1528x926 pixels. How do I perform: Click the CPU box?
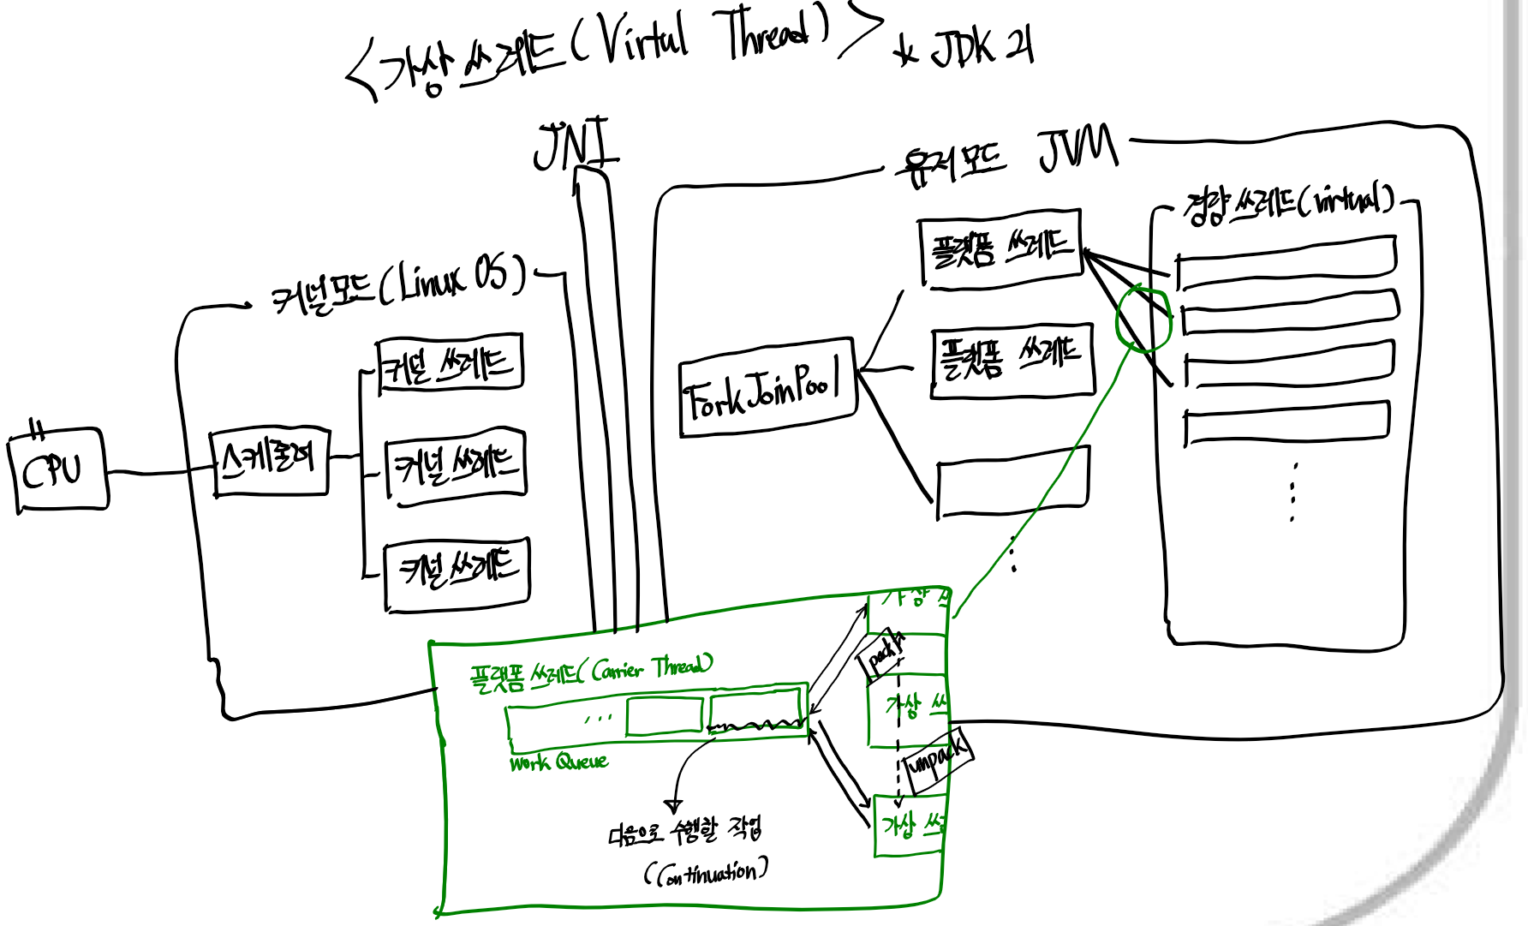tap(58, 470)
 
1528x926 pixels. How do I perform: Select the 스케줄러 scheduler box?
tap(270, 461)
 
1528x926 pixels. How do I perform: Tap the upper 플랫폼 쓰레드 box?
tap(1000, 248)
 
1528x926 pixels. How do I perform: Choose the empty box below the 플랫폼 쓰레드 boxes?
tap(1012, 482)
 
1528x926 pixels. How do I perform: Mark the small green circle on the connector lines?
tap(1143, 319)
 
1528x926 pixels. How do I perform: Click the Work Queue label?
tap(558, 762)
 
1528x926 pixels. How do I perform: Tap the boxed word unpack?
tap(937, 758)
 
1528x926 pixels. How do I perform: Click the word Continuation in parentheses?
tap(707, 873)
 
